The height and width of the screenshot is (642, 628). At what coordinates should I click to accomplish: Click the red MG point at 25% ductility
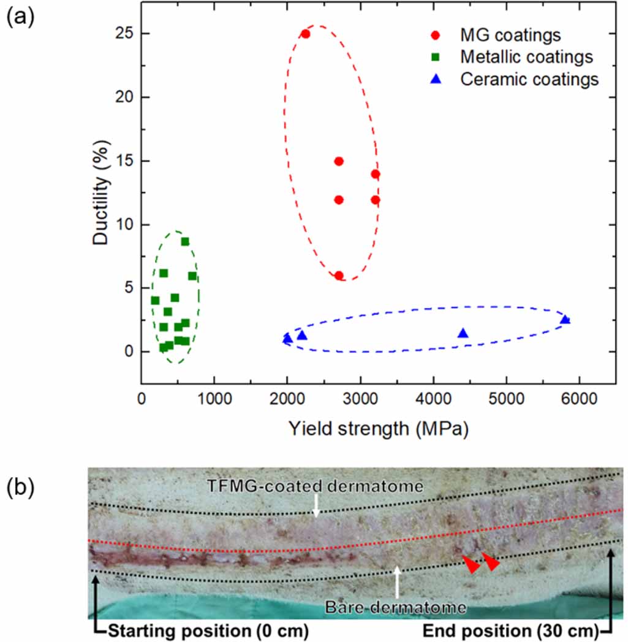click(x=305, y=34)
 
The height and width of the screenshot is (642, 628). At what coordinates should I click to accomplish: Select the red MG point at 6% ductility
click(x=339, y=276)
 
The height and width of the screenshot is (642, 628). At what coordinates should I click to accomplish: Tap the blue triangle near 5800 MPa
click(x=565, y=319)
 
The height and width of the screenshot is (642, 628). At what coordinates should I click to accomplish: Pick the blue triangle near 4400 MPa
click(x=463, y=333)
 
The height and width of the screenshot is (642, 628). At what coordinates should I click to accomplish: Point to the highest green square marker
click(x=185, y=241)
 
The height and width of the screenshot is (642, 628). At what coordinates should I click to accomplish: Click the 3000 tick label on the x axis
click(x=360, y=398)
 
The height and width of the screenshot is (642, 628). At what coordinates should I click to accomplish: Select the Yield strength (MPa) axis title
click(x=378, y=429)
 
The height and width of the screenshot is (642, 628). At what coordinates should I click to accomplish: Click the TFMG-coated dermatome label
click(x=316, y=486)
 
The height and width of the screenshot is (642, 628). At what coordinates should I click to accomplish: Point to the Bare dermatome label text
click(x=396, y=608)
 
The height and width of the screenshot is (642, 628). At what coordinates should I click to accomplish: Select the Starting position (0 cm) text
click(x=208, y=631)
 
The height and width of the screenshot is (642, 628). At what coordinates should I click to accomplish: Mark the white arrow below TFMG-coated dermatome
click(x=316, y=505)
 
